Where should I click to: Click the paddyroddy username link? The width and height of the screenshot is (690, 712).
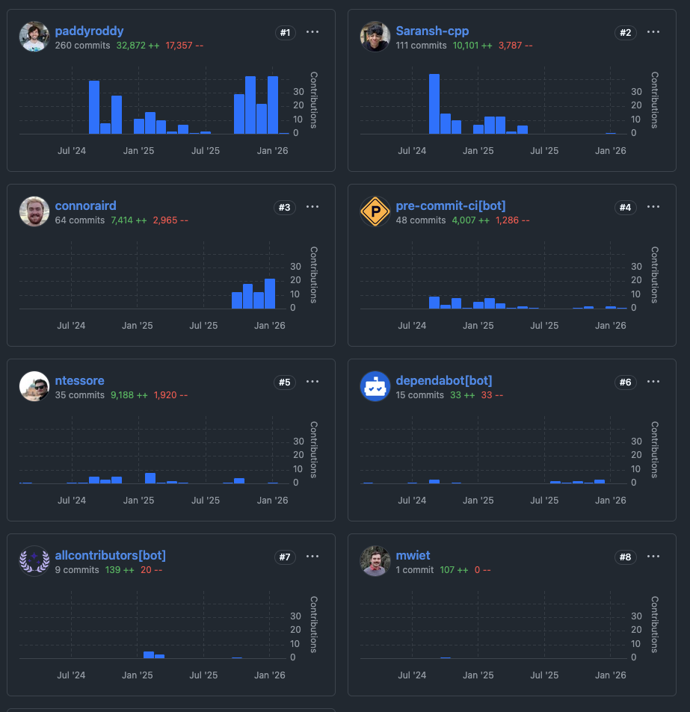pyautogui.click(x=89, y=31)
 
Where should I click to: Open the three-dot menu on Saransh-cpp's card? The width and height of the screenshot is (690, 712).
pyautogui.click(x=653, y=32)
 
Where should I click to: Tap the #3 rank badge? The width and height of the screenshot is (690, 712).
pyautogui.click(x=285, y=207)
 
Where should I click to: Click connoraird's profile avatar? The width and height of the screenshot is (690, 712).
pyautogui.click(x=34, y=211)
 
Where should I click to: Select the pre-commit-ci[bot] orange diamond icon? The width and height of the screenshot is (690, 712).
pyautogui.click(x=375, y=211)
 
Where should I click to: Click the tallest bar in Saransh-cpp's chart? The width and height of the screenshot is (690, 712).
pyautogui.click(x=434, y=104)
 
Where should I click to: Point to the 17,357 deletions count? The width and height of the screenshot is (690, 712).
pyautogui.click(x=185, y=46)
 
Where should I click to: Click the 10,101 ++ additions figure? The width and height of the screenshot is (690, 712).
pyautogui.click(x=472, y=46)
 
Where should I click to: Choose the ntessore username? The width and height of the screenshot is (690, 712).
pyautogui.click(x=79, y=381)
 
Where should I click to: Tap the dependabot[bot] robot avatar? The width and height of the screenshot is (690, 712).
pyautogui.click(x=375, y=386)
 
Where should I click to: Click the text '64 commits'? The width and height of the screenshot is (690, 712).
pyautogui.click(x=79, y=220)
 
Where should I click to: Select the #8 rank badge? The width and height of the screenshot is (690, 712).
pyautogui.click(x=626, y=557)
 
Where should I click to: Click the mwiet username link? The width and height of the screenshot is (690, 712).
pyautogui.click(x=413, y=556)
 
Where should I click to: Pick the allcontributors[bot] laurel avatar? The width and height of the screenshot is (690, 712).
pyautogui.click(x=34, y=561)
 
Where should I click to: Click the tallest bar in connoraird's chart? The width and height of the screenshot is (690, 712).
pyautogui.click(x=270, y=294)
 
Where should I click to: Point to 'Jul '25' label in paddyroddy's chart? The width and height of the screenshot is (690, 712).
pyautogui.click(x=204, y=151)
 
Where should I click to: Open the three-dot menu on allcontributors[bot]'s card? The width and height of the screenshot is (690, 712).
pyautogui.click(x=312, y=557)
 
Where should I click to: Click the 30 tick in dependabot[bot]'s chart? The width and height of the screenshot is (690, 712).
pyautogui.click(x=636, y=441)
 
